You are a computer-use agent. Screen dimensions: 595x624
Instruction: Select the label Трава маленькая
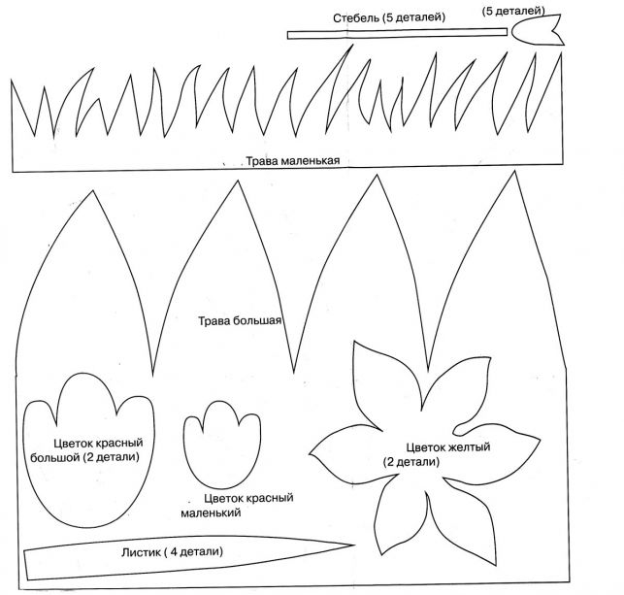(x=292, y=161)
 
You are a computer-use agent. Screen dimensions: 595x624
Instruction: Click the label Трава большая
(x=240, y=321)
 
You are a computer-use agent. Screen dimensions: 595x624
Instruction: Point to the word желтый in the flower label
(x=470, y=446)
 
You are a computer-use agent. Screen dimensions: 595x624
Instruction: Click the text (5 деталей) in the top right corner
(x=513, y=9)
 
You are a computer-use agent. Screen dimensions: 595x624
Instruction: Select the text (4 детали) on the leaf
(x=193, y=551)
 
